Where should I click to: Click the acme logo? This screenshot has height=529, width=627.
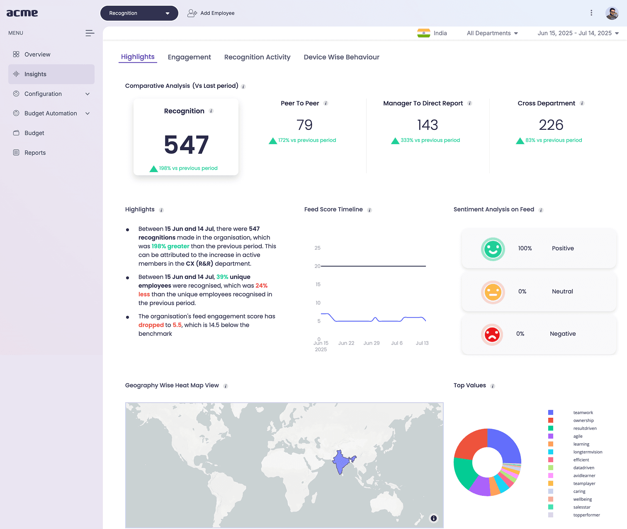(22, 13)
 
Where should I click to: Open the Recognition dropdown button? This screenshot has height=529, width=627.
(139, 13)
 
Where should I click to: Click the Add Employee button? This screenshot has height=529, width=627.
(211, 13)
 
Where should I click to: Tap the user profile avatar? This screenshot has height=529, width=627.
(612, 13)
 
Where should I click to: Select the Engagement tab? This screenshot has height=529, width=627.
(189, 57)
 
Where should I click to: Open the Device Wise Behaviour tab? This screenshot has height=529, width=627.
(341, 57)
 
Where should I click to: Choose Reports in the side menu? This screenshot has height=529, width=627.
(35, 153)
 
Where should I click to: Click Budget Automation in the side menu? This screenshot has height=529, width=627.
(51, 113)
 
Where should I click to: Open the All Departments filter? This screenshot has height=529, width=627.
(492, 33)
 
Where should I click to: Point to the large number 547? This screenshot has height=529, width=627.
(186, 145)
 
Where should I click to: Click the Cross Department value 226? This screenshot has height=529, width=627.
(551, 125)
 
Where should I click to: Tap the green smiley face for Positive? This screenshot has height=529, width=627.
(493, 249)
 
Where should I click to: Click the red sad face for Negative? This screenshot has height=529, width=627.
(492, 335)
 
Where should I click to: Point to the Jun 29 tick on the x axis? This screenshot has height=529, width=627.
(372, 343)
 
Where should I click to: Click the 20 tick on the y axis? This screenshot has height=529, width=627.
(317, 266)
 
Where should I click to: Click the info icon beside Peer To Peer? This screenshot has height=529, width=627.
(326, 103)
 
